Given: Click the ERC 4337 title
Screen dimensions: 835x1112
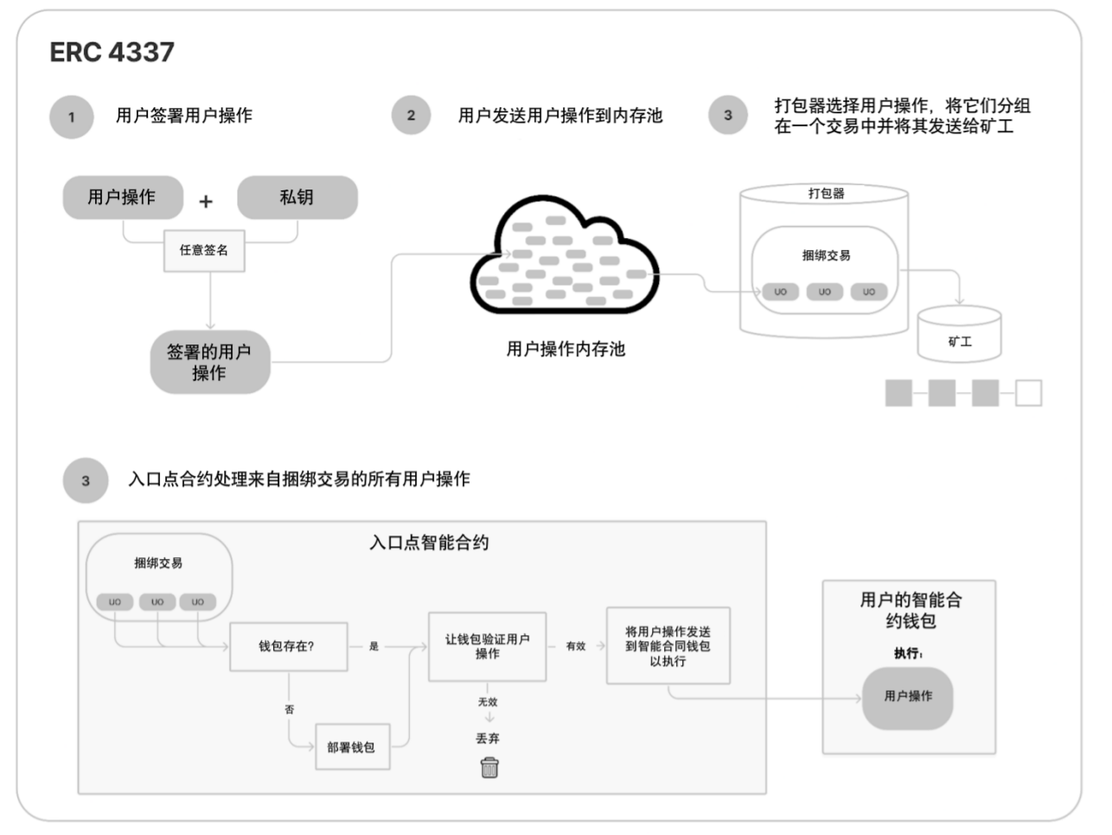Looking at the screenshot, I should point(112,52).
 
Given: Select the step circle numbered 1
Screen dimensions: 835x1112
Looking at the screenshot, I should point(72,117).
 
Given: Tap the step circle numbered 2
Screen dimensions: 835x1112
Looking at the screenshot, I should point(411,115).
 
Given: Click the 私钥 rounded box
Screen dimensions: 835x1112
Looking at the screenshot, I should point(297,197).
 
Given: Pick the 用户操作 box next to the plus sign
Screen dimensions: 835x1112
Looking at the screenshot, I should point(122,197).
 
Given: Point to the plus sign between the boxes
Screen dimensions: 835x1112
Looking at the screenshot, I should point(206,202).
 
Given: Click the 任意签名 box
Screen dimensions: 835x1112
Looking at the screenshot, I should point(204,250).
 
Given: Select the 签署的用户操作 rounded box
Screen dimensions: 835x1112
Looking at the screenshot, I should point(209,363).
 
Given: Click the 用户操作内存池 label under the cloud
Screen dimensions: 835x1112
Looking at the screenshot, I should point(566,350).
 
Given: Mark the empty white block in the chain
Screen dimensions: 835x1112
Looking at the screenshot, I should point(1028,393).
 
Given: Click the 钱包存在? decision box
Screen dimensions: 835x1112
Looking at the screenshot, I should point(288,646).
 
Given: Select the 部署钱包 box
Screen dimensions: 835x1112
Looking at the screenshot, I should point(351,747).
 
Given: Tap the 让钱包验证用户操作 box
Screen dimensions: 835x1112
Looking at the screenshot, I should point(487,646).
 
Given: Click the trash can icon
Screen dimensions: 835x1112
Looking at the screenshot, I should point(489,768).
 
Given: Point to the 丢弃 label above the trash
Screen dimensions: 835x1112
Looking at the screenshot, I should point(488,738).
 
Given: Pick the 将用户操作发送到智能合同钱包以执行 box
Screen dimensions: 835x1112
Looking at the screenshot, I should point(668,646).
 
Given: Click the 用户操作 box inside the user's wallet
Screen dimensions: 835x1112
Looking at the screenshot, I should point(908,697).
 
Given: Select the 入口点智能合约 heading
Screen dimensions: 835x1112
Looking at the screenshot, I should point(429,543).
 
